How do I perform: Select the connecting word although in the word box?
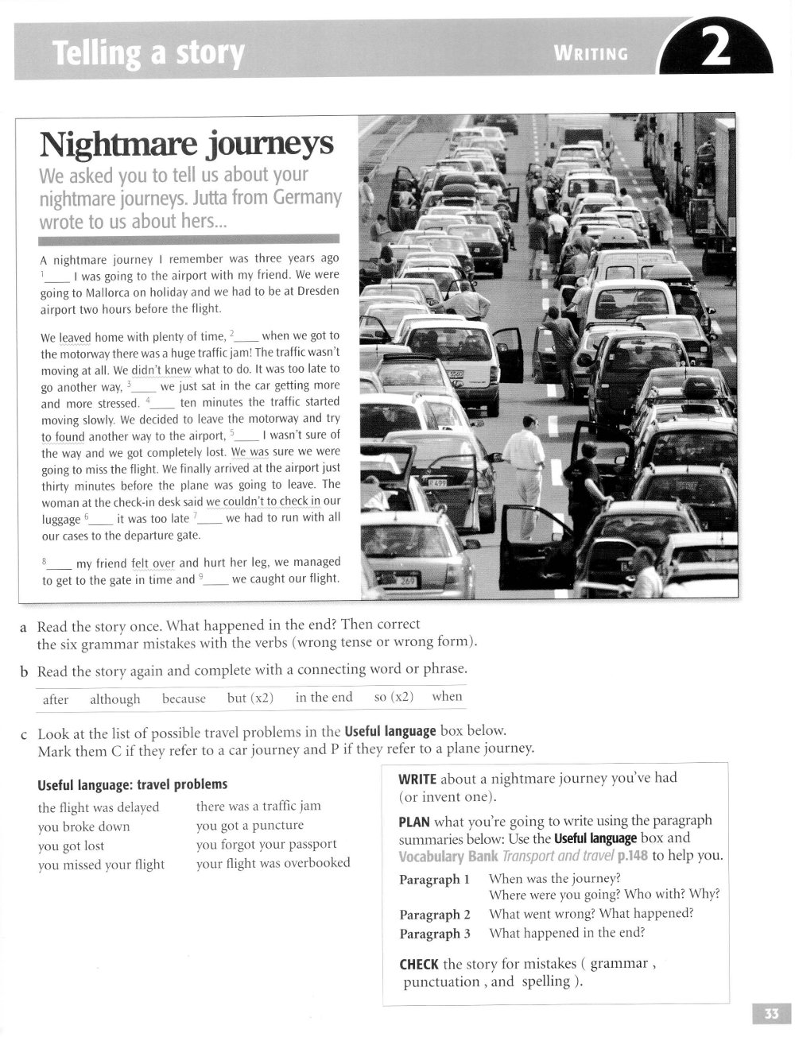114,699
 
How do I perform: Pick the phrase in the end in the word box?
324,697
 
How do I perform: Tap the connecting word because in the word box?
184,698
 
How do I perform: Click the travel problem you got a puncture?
250,825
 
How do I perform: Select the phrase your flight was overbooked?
273,862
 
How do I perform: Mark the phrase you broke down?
83,826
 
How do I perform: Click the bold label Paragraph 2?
435,915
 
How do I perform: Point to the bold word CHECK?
419,964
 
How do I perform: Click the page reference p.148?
633,856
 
